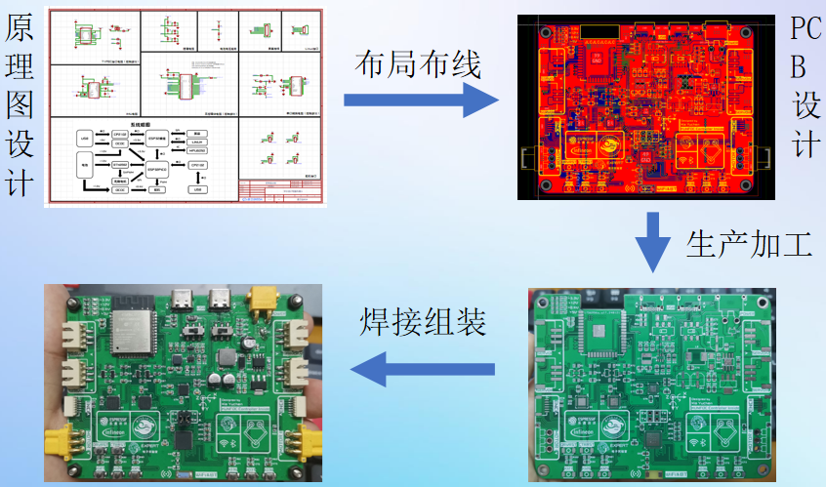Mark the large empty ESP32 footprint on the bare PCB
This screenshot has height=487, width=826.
tap(599, 335)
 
